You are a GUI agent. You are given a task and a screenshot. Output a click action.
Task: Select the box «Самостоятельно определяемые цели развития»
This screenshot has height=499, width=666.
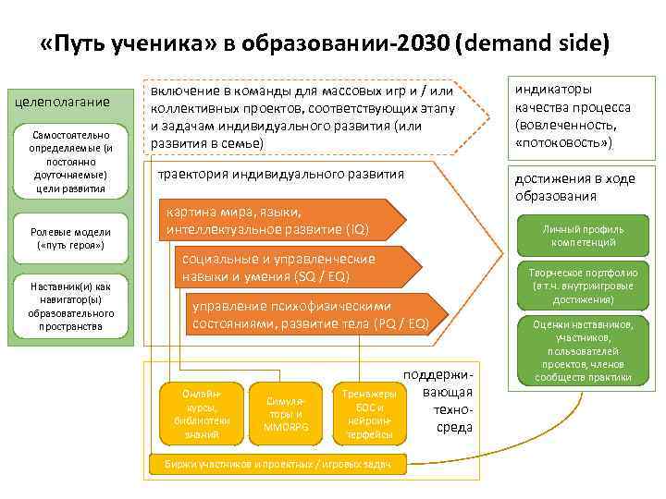(68, 162)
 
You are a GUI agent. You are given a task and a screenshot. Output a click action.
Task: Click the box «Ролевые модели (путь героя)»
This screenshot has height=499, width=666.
(69, 239)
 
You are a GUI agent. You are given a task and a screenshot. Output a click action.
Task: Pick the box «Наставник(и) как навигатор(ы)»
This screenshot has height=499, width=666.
(69, 305)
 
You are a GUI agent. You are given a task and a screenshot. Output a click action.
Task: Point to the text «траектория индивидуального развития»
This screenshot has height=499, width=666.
(280, 174)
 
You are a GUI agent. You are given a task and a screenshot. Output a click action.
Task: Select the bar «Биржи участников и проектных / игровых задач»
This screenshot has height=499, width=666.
(277, 464)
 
